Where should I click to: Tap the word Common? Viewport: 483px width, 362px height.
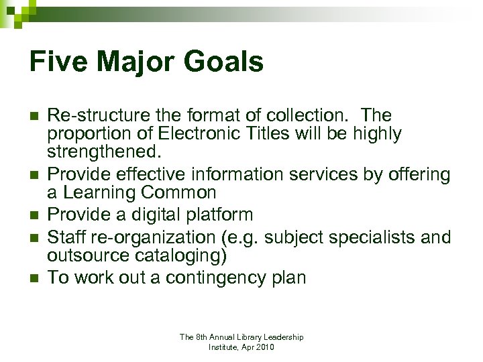(180, 193)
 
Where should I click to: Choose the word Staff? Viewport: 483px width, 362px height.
(69, 237)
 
